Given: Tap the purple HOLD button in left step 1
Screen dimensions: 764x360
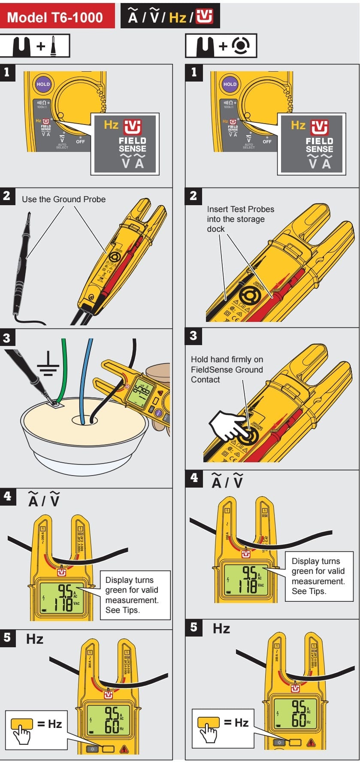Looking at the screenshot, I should (x=43, y=84).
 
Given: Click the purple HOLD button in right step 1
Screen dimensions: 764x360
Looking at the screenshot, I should (x=230, y=84).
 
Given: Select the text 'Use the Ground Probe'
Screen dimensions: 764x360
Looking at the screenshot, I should (x=64, y=199).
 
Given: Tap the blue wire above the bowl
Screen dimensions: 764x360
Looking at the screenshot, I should (x=88, y=365).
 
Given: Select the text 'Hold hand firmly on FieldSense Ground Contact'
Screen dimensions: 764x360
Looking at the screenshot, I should (x=227, y=370).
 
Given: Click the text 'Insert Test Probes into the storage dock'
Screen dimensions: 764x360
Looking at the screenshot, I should (x=240, y=219).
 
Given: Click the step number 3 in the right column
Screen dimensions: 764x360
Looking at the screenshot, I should (x=193, y=336).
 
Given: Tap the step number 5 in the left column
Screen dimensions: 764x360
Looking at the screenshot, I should (x=7, y=637).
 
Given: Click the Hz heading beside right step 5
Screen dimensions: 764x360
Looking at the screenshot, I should (x=221, y=629).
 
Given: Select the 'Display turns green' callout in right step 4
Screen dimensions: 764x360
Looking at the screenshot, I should (x=318, y=576).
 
